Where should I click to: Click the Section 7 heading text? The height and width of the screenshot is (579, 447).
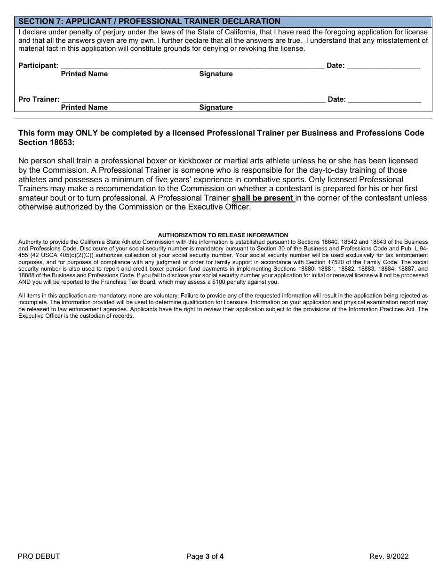(149, 22)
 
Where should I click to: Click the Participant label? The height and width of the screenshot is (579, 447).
(38, 65)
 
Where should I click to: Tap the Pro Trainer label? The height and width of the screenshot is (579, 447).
(39, 99)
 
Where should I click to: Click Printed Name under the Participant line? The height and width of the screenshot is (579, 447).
(84, 74)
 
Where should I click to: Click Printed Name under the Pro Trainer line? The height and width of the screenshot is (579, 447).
(84, 107)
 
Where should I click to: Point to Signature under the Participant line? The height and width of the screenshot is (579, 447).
(216, 74)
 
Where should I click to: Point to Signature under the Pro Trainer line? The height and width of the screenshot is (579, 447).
(216, 107)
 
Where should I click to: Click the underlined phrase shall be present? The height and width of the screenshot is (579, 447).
(263, 198)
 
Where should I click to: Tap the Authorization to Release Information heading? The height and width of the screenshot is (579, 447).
(223, 235)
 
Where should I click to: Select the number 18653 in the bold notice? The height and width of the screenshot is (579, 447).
(63, 142)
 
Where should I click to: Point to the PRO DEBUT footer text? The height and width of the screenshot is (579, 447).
(39, 556)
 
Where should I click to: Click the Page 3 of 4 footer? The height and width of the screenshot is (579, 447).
(205, 556)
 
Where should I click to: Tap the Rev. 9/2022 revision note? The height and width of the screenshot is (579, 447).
(389, 556)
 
